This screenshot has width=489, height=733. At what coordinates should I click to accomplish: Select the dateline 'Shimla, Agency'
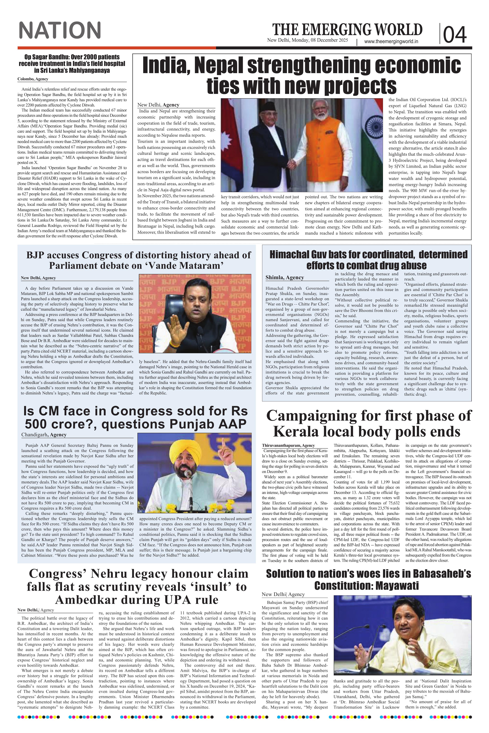pyautogui.click(x=284, y=277)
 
